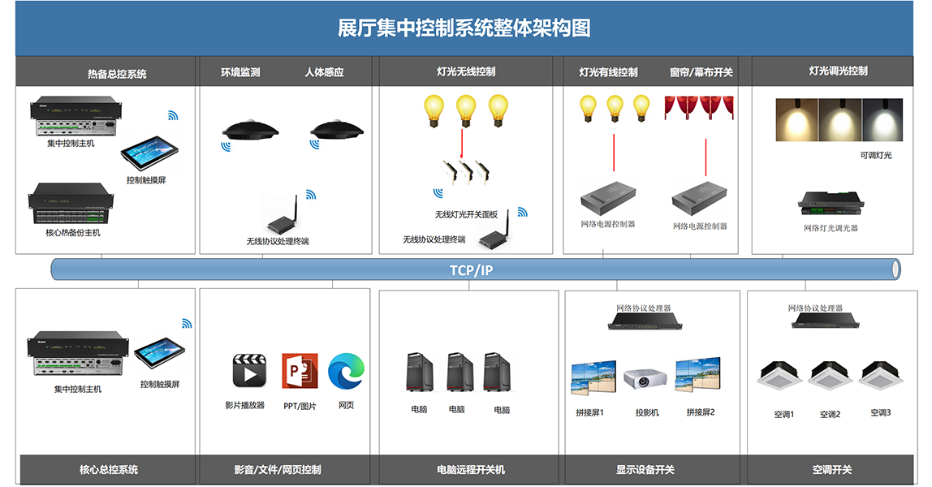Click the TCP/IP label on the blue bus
coord(472,269)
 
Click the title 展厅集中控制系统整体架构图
coord(464,28)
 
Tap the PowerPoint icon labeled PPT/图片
coord(300,371)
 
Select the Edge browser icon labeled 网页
coord(347,371)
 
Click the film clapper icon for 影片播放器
coord(249,371)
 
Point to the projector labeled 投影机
coord(645,379)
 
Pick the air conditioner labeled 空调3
coord(880,377)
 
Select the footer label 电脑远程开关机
coord(470,469)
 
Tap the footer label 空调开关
coord(832,469)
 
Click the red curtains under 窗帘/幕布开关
coord(699,108)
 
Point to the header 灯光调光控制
coord(838,71)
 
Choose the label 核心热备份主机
coord(73,233)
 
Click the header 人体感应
coord(324,72)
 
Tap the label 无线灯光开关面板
coord(466,214)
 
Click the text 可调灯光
coord(875,155)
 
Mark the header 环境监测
coord(240,72)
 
